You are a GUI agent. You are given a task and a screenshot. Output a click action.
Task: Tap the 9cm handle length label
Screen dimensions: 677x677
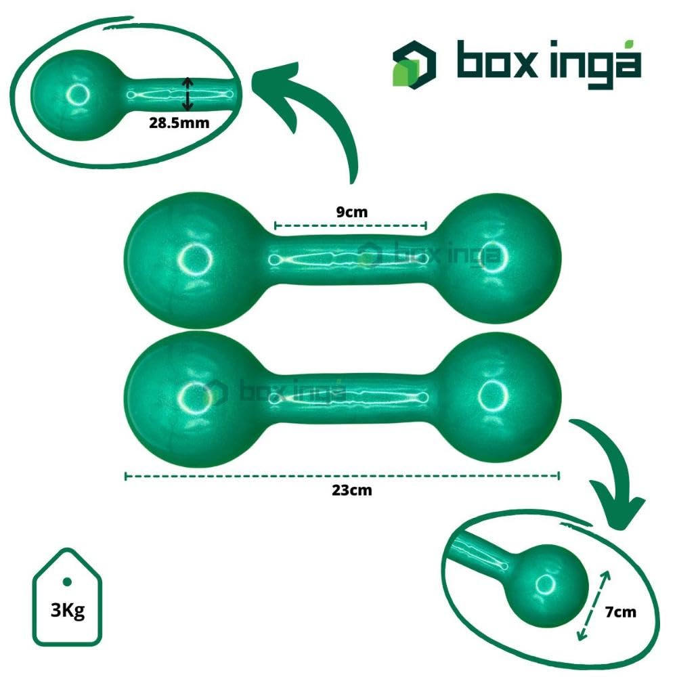351,211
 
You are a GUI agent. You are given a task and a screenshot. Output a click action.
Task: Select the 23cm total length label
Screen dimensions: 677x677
351,490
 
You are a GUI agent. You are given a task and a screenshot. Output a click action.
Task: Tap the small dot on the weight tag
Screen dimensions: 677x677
67,582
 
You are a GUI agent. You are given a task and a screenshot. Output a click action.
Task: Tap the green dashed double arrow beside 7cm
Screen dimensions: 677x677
594,605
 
